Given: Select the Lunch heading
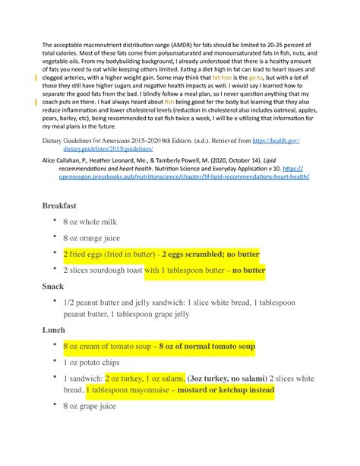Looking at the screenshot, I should tap(56, 331).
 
